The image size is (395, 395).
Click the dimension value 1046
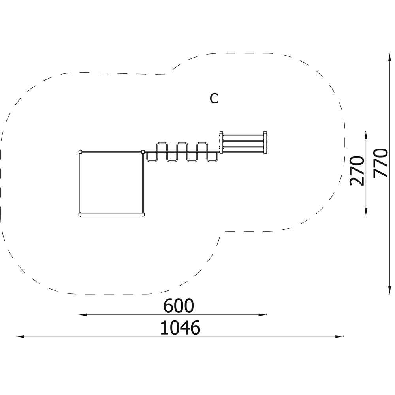180,327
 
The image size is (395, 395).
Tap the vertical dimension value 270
357,171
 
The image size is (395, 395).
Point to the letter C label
214,99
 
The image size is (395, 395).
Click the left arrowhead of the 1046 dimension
20,336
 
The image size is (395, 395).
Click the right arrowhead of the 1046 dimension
340,336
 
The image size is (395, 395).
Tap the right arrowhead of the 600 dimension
263,314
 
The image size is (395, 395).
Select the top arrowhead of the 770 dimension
389,57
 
